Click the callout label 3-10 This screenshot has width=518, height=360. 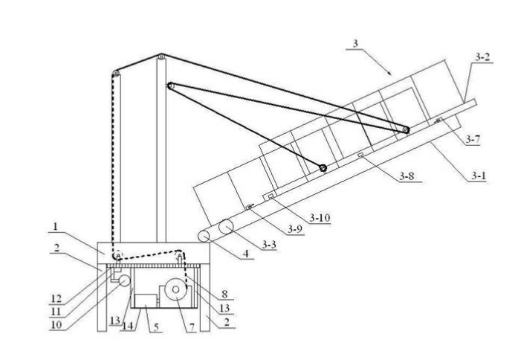click(x=320, y=218)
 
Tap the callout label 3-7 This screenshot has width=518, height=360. click(x=473, y=140)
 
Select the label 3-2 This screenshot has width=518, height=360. click(x=482, y=57)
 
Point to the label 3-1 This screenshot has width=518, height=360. click(x=479, y=176)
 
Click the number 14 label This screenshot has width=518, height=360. click(x=128, y=326)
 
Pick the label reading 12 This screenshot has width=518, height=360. click(x=56, y=299)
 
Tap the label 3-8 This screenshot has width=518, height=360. click(x=407, y=176)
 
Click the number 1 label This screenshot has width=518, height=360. click(x=56, y=226)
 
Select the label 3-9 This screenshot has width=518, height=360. click(x=295, y=229)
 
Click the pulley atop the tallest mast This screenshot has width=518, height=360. click(x=161, y=57)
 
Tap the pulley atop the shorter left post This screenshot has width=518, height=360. click(x=116, y=74)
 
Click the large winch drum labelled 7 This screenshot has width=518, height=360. click(x=175, y=289)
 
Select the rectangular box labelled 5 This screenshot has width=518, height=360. click(x=146, y=300)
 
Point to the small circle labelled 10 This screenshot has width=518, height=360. click(x=125, y=280)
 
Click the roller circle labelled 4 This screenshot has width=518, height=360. click(x=204, y=237)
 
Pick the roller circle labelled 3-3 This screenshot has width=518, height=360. click(x=226, y=227)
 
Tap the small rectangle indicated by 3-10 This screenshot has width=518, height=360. click(x=271, y=196)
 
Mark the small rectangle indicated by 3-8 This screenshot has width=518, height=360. click(x=360, y=155)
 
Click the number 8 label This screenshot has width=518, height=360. click(x=224, y=294)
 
